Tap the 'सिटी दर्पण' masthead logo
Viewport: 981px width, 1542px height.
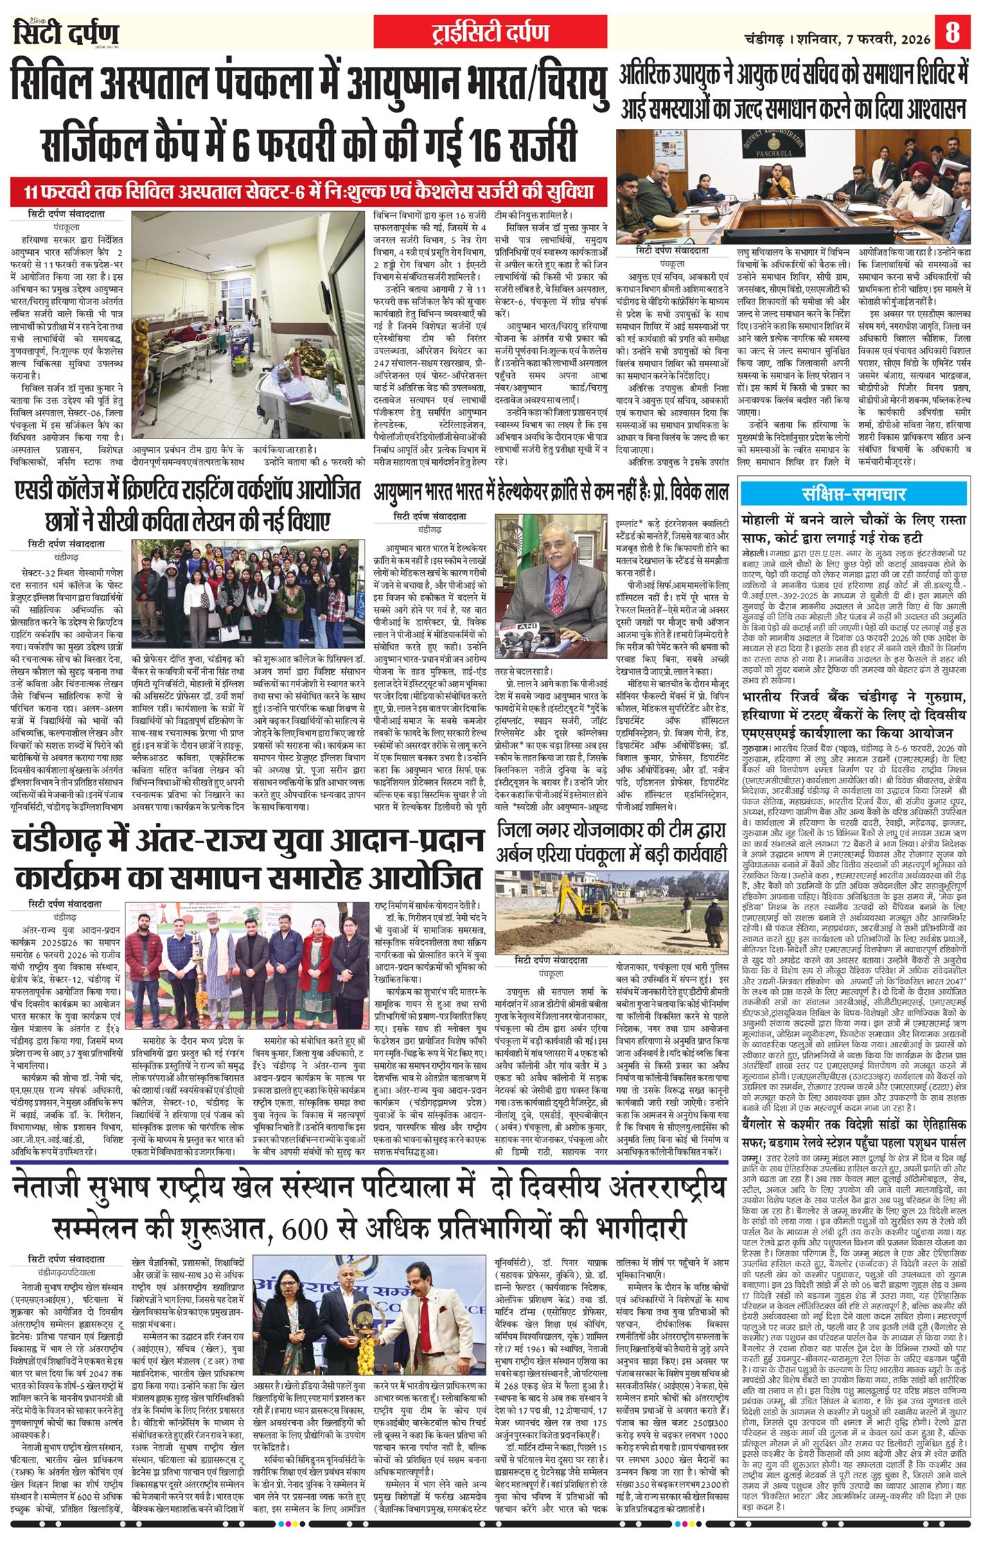point(66,32)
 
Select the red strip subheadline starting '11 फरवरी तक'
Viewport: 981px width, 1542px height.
point(309,190)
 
